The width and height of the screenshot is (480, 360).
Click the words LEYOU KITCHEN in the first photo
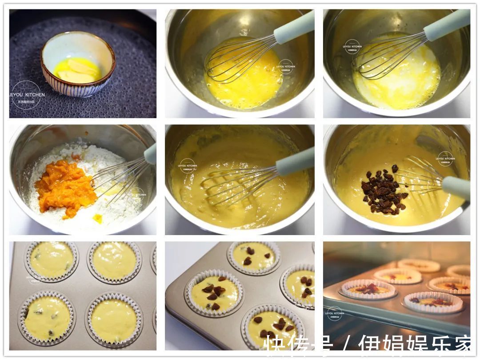pyautogui.click(x=27, y=95)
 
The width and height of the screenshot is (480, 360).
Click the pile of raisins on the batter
pyautogui.click(x=384, y=190)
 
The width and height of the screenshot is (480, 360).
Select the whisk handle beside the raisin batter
pyautogui.click(x=456, y=187)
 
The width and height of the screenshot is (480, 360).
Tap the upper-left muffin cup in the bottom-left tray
pyautogui.click(x=52, y=260)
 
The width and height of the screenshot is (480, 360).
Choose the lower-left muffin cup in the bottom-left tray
pyautogui.click(x=47, y=318)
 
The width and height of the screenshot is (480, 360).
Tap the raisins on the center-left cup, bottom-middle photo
pyautogui.click(x=214, y=294)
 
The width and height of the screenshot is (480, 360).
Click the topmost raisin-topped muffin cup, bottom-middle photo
pyautogui.click(x=254, y=257)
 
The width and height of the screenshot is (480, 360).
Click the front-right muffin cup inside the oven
pyautogui.click(x=433, y=302)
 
